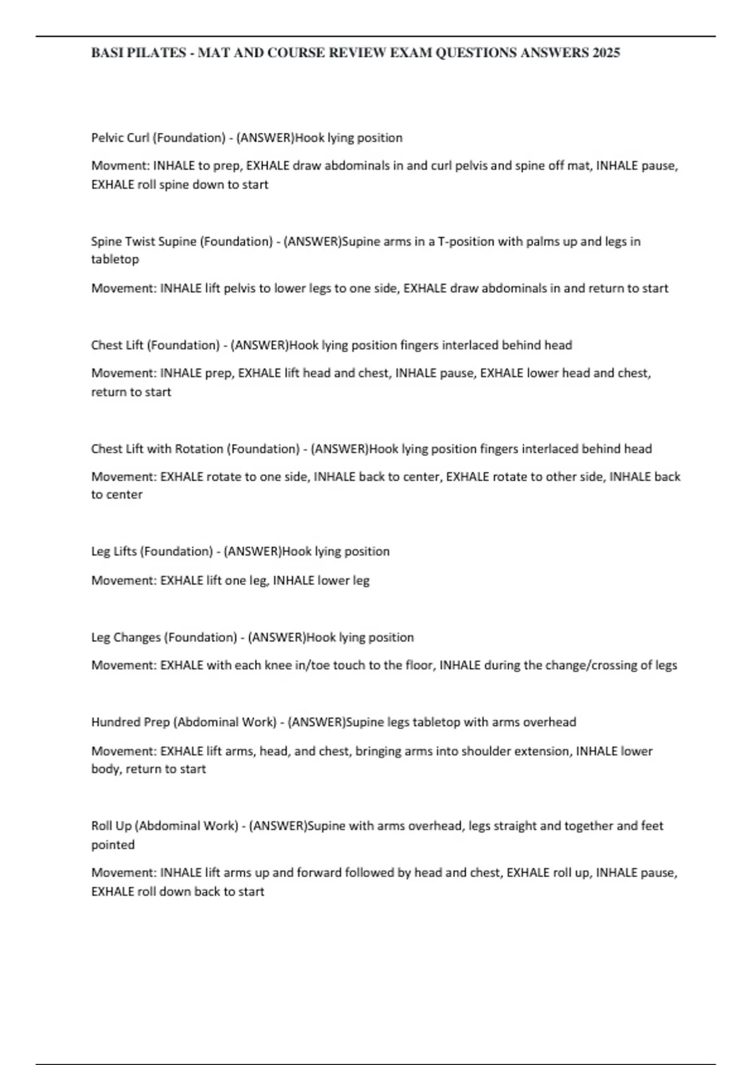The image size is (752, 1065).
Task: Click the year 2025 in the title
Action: tap(605, 53)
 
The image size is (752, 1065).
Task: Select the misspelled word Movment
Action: tap(120, 166)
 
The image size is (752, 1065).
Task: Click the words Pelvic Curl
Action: tap(120, 138)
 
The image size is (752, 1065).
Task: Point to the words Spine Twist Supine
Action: tap(144, 242)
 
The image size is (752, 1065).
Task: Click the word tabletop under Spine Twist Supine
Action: tap(115, 259)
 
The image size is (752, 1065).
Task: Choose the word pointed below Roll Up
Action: tap(113, 845)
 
